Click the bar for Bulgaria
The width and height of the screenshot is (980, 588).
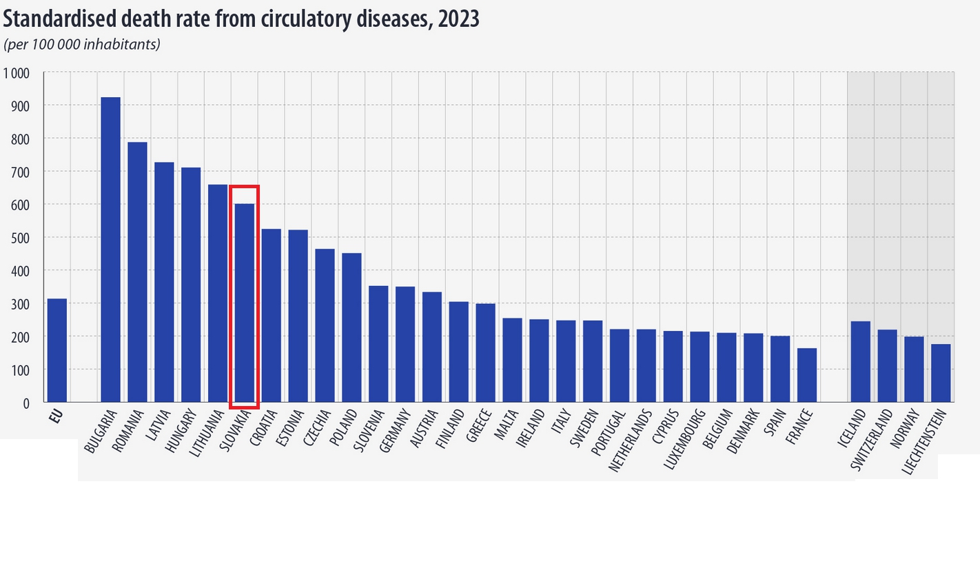[110, 250]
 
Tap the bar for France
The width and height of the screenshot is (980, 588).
[807, 375]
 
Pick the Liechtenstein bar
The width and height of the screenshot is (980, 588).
[941, 373]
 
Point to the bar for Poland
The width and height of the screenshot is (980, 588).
[351, 327]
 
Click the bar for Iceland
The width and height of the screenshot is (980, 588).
[860, 361]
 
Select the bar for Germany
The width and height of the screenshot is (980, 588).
[405, 344]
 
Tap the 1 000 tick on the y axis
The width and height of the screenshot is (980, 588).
[17, 73]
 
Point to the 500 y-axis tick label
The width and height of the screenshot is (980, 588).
[20, 239]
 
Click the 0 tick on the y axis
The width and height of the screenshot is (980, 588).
[26, 403]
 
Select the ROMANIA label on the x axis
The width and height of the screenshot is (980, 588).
[128, 432]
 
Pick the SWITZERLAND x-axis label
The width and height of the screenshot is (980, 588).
[872, 440]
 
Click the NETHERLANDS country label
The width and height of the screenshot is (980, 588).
[630, 441]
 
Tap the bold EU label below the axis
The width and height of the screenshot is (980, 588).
[56, 416]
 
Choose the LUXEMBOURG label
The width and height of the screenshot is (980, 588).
[684, 440]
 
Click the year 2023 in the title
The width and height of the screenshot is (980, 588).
[458, 19]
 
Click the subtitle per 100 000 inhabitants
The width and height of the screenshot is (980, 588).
[82, 45]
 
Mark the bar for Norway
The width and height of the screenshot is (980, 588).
[914, 369]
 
